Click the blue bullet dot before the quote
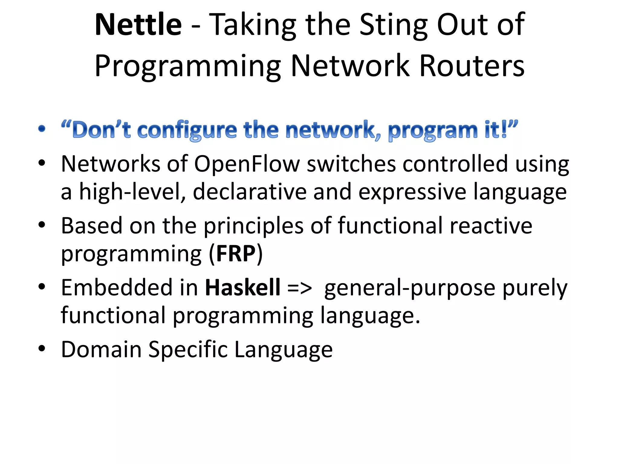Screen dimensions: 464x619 pos(42,129)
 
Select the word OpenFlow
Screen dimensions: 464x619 pos(247,164)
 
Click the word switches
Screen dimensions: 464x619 pos(351,164)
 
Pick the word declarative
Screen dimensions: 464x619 pos(250,192)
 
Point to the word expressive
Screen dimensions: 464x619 pos(412,192)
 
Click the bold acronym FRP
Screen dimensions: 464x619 pos(236,254)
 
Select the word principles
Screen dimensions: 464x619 pos(254,226)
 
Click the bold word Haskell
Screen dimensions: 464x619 pos(243,287)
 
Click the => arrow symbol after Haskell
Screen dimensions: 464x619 pos(299,288)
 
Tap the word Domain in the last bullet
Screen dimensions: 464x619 pos(101,350)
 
